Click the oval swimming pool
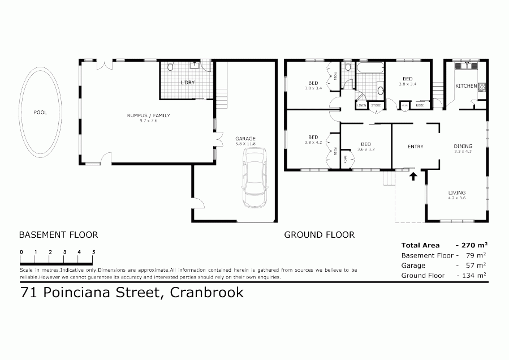click(x=40, y=112)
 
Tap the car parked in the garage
click(x=254, y=178)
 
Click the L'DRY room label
click(x=187, y=83)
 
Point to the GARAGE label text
click(x=245, y=138)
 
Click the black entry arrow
click(x=413, y=176)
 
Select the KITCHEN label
click(x=467, y=86)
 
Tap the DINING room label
click(x=463, y=147)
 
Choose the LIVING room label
click(x=457, y=192)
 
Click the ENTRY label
click(x=415, y=147)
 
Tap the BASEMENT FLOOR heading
click(x=58, y=234)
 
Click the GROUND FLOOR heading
click(x=319, y=234)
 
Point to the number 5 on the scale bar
click(x=93, y=252)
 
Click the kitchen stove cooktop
click(x=482, y=87)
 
